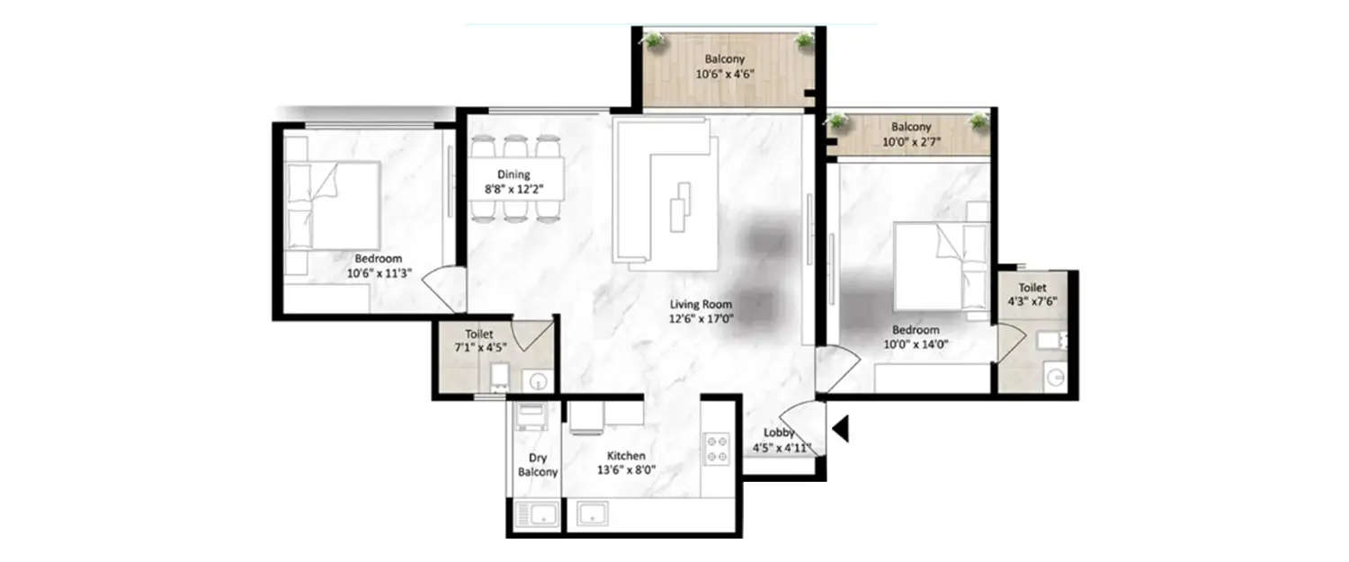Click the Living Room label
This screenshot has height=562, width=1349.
click(701, 304)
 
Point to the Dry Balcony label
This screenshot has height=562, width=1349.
click(538, 464)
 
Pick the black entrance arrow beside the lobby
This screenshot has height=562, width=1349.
click(841, 429)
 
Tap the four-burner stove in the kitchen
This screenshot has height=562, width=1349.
click(717, 449)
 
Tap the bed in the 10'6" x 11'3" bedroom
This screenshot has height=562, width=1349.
click(335, 205)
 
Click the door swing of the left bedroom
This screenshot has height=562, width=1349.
click(443, 290)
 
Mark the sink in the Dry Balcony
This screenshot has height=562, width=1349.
click(537, 516)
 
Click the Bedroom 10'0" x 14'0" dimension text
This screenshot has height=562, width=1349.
click(916, 343)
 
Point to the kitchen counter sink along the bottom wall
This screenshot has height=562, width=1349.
click(594, 514)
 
